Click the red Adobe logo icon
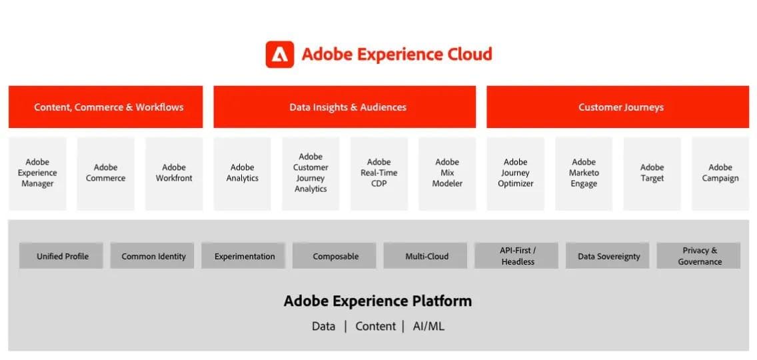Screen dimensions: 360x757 tap(280, 55)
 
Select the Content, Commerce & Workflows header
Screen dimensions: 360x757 tap(105, 107)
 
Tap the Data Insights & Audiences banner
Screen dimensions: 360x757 tap(345, 107)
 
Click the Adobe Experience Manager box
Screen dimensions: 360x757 tap(37, 173)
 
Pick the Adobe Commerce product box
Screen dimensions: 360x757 tap(105, 173)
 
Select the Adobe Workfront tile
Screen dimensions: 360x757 tap(174, 173)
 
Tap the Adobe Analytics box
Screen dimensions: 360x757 tap(242, 173)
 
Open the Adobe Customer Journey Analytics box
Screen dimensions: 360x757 tap(311, 173)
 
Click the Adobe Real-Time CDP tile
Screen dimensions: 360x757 tap(378, 173)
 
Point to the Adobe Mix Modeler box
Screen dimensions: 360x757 tap(447, 173)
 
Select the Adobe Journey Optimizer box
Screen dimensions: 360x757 tap(515, 173)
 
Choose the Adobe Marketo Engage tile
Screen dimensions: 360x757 tap(584, 173)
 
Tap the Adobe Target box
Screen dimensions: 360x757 tap(652, 173)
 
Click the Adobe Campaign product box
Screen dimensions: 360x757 tap(720, 173)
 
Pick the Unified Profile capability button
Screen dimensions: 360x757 tap(62, 256)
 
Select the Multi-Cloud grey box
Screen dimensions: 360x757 tap(426, 256)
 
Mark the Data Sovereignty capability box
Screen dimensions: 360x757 tap(608, 256)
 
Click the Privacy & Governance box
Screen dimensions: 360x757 tap(699, 256)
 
